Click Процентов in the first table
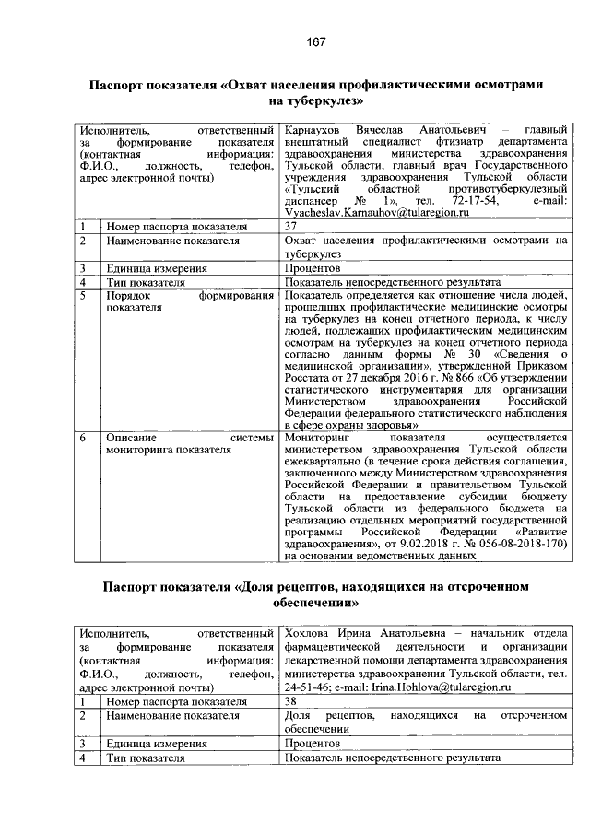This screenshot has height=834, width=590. coord(313,268)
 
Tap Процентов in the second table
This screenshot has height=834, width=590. coord(313,743)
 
